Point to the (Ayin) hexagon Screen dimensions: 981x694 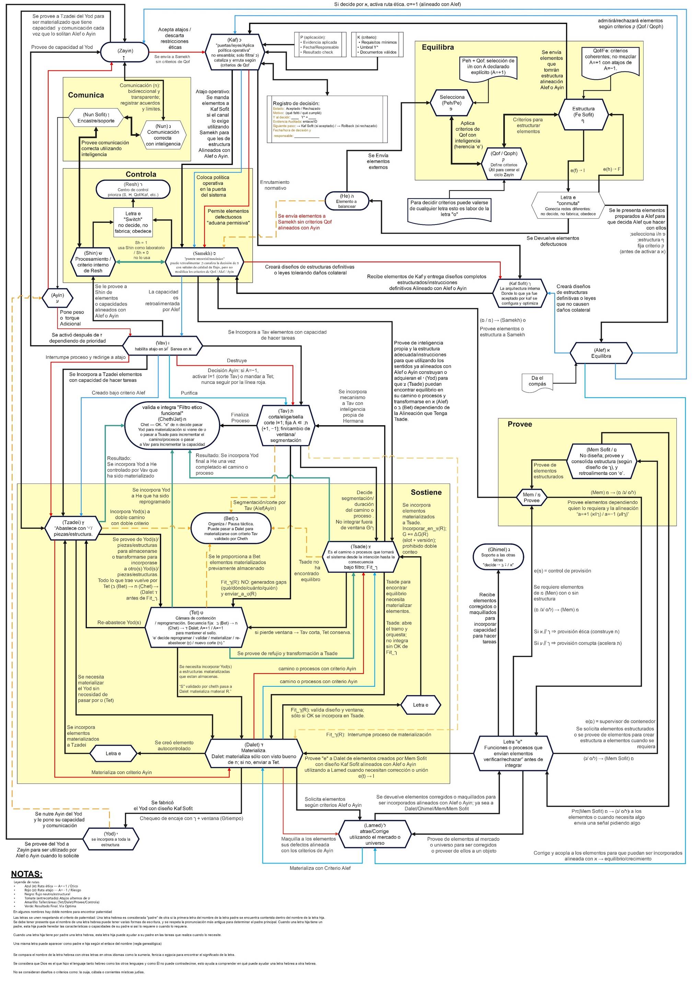click(x=57, y=297)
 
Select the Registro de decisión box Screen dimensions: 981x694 click(x=327, y=119)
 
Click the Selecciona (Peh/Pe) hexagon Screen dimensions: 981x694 click(x=452, y=103)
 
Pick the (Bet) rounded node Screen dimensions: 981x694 click(x=231, y=528)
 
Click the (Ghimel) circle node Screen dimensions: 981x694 click(x=498, y=557)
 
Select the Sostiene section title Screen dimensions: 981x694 click(x=426, y=492)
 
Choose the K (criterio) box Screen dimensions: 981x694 click(x=377, y=45)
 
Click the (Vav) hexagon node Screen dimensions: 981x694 click(x=162, y=346)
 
